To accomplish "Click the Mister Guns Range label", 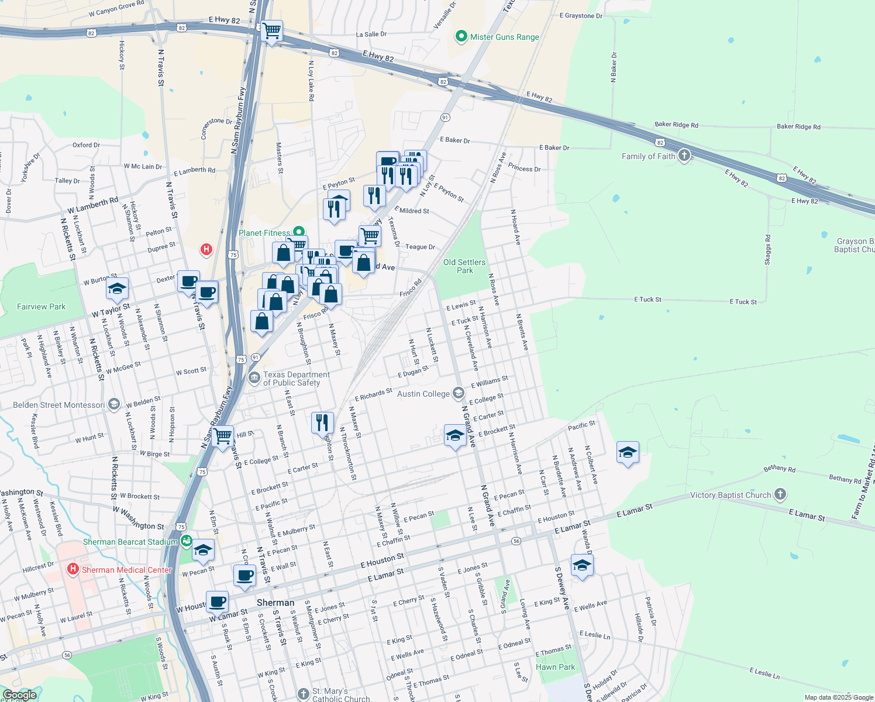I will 504,37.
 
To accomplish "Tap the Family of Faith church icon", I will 684,156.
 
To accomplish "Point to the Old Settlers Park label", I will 464,266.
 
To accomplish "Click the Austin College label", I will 423,394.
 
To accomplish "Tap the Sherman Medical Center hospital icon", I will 73,569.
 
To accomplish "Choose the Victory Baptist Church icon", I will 780,495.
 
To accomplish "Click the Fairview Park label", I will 41,307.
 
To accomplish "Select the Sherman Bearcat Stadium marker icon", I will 186,541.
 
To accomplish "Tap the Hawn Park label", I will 555,667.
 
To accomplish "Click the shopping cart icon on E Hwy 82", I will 272,30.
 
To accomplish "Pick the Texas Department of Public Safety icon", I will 254,378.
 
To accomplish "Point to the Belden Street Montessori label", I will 59,405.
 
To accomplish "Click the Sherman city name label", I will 275,603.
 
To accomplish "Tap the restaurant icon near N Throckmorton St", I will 322,422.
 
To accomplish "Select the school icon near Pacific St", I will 628,452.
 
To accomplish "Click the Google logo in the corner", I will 19,695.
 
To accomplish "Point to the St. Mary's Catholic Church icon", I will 303,694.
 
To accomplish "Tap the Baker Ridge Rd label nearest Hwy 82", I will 676,125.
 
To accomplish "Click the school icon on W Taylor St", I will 117,288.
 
